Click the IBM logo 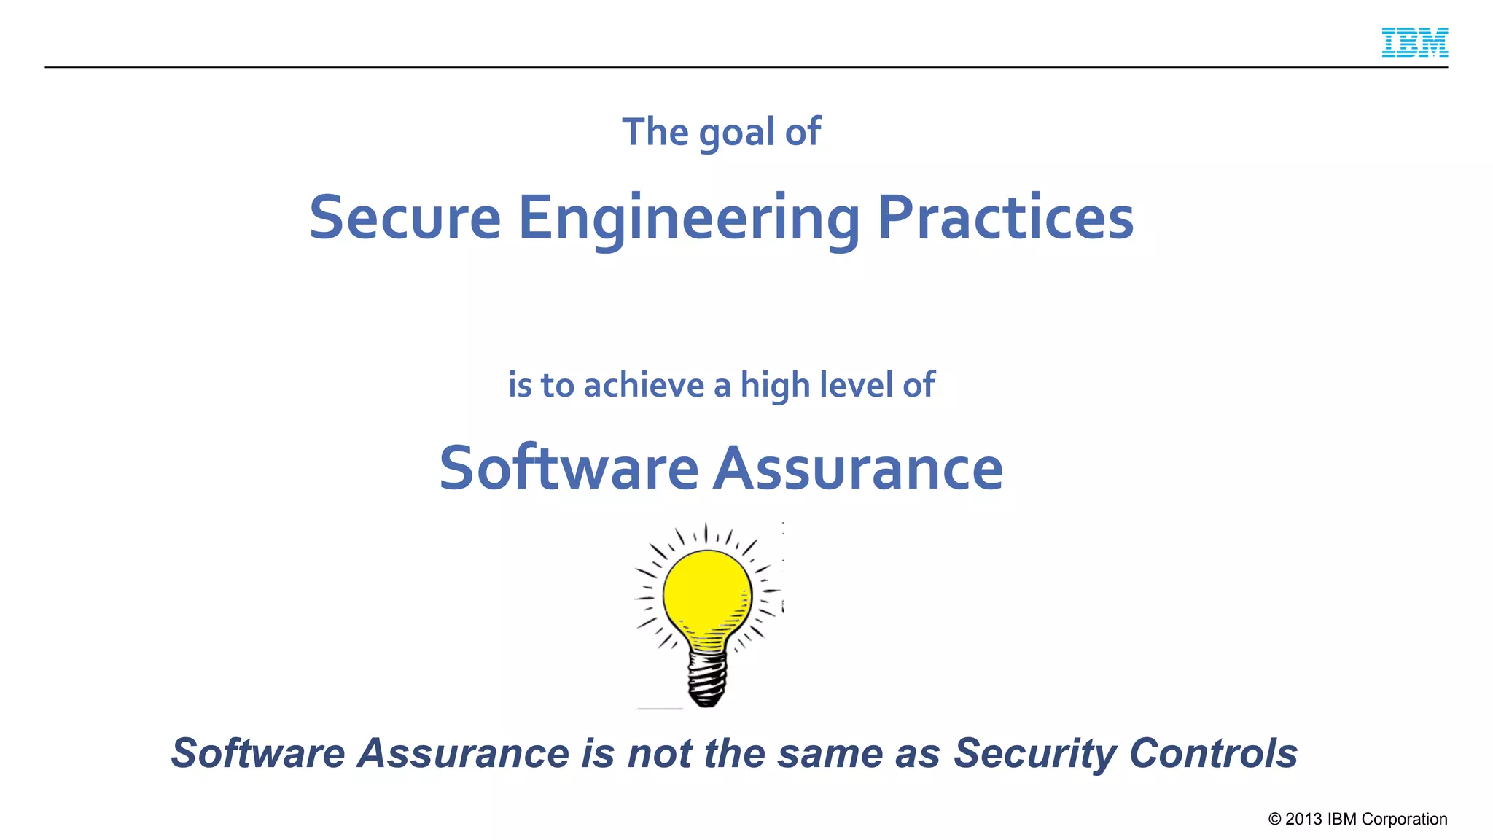coord(1414,42)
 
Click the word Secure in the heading coord(405,217)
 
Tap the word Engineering coord(689,219)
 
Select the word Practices coord(1005,217)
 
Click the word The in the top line coord(655,132)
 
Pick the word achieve coord(644,385)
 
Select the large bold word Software coord(569,467)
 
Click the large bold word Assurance coord(858,468)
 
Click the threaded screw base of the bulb coord(707,678)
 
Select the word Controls coord(1213,753)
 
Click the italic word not coord(659,754)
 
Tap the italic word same coord(830,754)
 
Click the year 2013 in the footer coord(1303,819)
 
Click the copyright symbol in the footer coord(1274,819)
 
